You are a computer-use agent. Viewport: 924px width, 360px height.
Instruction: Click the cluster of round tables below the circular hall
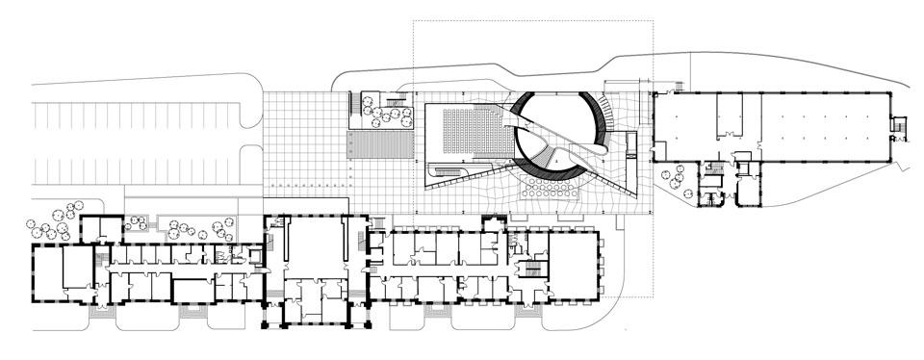(545, 189)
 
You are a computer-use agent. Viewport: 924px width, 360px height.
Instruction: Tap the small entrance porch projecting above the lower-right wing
(494, 225)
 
